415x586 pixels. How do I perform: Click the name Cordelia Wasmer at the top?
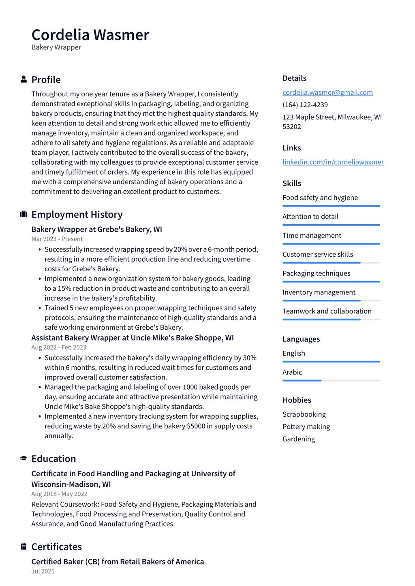(90, 35)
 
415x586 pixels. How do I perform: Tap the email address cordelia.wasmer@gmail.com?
(327, 92)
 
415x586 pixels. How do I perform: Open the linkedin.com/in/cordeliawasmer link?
(333, 162)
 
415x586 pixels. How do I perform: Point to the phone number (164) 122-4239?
(305, 105)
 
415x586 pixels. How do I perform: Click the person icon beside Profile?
(24, 79)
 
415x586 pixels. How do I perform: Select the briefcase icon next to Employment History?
(24, 214)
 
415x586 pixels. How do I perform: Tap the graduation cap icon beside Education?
(24, 458)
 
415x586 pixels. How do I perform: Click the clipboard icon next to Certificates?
(24, 546)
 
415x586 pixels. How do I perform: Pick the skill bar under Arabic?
(331, 381)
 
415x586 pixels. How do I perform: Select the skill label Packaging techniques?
(316, 273)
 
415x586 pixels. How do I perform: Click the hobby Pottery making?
(306, 427)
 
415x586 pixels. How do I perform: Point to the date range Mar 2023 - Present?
(57, 239)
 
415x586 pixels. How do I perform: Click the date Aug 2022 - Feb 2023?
(59, 347)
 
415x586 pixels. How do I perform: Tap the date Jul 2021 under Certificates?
(43, 571)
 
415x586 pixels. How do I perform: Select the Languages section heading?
(301, 339)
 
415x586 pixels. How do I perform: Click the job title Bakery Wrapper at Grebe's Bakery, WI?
(96, 229)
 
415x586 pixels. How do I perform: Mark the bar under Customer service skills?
(331, 263)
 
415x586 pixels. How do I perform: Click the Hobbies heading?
(297, 400)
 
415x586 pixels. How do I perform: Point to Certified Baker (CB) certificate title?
(118, 562)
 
